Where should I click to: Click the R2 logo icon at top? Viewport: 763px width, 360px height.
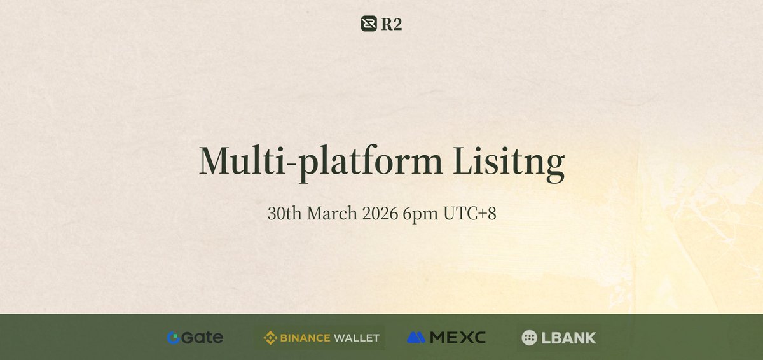[x=369, y=24]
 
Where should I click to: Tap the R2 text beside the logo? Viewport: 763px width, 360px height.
[x=392, y=24]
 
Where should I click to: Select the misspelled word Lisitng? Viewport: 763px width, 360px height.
[x=509, y=162]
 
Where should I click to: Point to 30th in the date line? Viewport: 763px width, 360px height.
[x=284, y=214]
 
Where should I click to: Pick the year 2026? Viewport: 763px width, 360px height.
[x=380, y=214]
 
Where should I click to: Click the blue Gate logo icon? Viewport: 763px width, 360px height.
[x=172, y=338]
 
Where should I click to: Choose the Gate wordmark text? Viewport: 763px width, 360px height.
[x=202, y=338]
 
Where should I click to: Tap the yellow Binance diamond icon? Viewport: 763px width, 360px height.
[x=270, y=338]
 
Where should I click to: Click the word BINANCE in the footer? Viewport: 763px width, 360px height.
[x=304, y=338]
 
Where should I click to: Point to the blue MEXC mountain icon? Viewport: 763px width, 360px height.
[x=416, y=338]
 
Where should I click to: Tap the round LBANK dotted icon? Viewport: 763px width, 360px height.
[x=529, y=338]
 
